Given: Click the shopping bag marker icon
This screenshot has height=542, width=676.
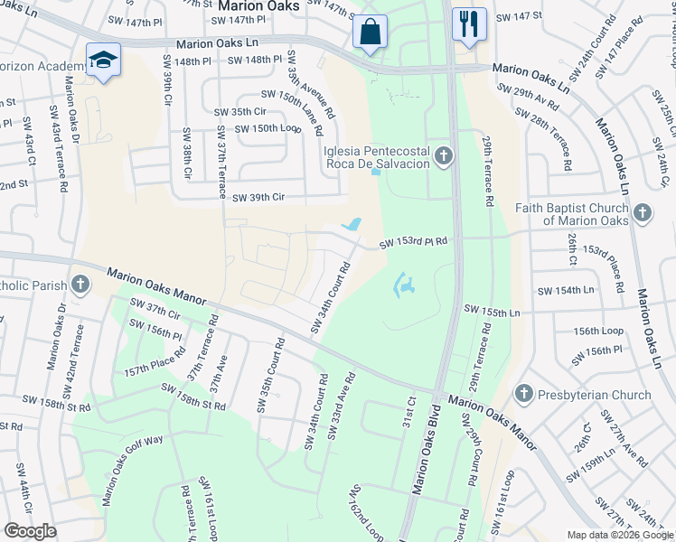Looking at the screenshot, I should pos(369,32).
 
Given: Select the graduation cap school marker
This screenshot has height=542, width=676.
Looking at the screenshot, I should pos(103,60).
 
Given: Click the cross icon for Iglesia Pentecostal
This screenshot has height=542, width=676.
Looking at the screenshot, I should pos(443,156).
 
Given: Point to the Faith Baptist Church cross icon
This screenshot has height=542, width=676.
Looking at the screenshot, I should pos(642,213).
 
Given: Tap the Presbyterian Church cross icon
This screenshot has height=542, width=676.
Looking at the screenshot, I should pos(523,394).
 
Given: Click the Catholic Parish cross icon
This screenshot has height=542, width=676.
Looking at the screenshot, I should pos(80,285).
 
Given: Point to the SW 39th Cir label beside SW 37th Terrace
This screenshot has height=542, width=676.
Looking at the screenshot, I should pos(258,197).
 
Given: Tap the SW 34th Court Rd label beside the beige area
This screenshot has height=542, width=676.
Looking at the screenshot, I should pos(332,297).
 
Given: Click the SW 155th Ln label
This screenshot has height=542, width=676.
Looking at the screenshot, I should pos(493,312).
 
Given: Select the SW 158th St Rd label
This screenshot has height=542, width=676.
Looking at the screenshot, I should pos(193,397).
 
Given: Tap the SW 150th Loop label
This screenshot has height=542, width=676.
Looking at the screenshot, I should pos(268,128).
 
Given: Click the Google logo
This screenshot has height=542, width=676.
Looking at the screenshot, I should pos(31,531).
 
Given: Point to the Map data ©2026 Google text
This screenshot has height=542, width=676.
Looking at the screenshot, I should pos(619,535).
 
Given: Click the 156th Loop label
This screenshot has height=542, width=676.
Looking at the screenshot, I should pos(597,331).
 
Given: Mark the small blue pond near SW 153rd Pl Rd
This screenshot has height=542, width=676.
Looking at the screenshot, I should pos(353,224).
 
